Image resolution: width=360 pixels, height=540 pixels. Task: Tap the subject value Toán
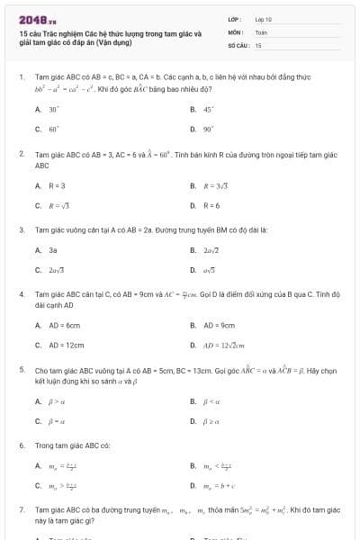[x=261, y=31]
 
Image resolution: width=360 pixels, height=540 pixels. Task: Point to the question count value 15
[x=258, y=44]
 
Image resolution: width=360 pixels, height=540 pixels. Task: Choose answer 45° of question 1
[x=208, y=109]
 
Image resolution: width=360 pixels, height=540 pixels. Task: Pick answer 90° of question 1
[x=208, y=129]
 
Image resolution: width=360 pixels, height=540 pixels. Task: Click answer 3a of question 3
[x=53, y=249]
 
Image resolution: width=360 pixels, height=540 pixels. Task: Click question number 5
[x=22, y=370]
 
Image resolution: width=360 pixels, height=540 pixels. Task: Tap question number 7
[x=22, y=510]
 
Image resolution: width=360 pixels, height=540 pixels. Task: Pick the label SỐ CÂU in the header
[x=237, y=44]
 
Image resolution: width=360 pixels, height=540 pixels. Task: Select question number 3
[x=22, y=229]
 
